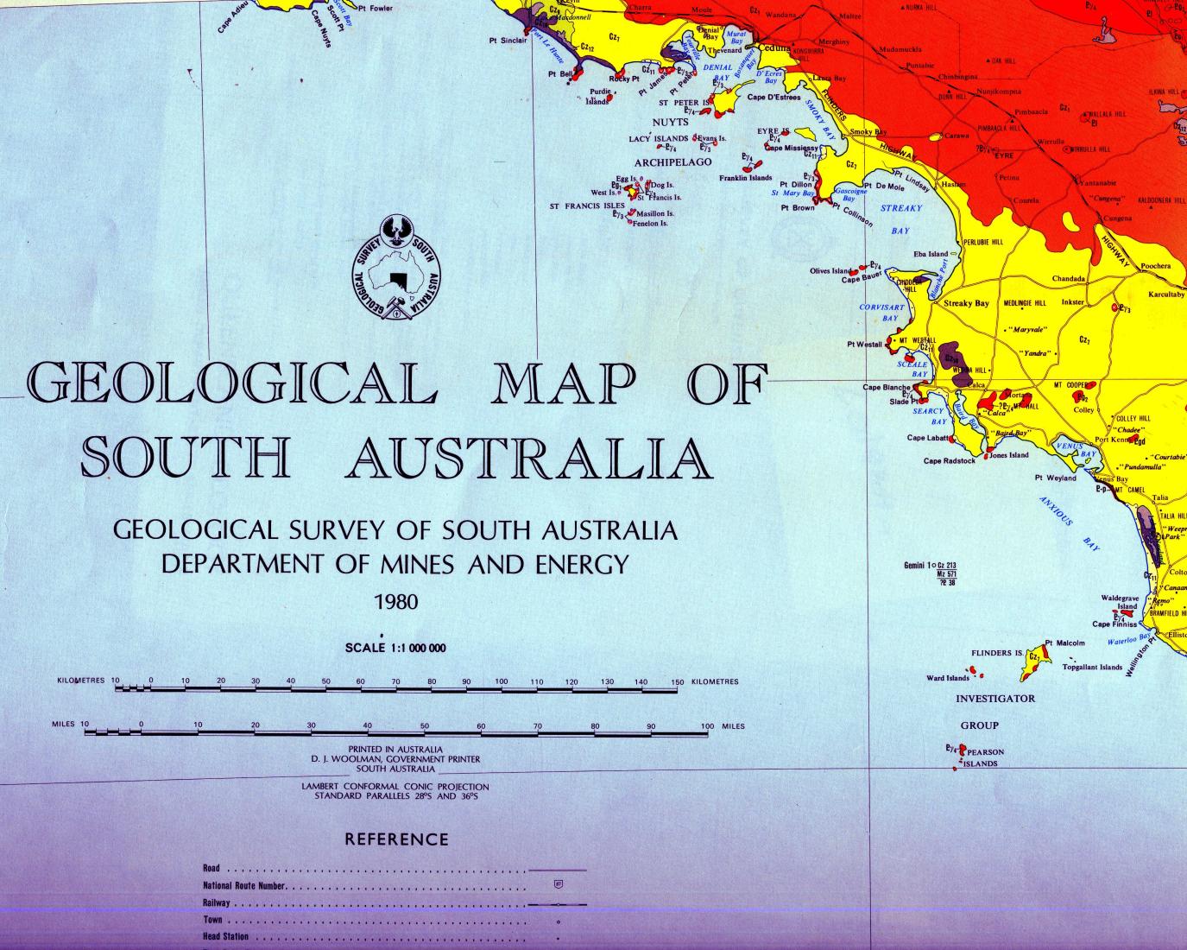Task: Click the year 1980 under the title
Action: coord(395,601)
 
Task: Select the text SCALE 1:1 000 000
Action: coord(395,648)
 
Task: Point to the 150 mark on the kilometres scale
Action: coord(677,682)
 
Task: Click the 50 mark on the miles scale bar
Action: coord(424,726)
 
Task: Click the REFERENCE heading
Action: coord(396,839)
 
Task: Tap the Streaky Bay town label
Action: coord(966,303)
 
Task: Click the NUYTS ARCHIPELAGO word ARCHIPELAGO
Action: coord(672,161)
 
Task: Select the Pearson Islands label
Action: coord(984,757)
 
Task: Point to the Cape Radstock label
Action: coord(949,461)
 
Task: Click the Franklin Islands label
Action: coord(745,178)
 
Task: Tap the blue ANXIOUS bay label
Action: coord(1055,511)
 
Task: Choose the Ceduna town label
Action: coord(773,48)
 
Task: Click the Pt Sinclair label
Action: coord(507,40)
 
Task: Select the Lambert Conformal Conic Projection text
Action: coord(395,787)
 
